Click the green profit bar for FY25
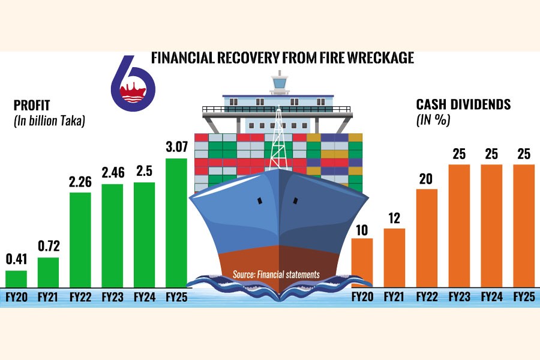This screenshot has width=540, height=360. (x=176, y=223)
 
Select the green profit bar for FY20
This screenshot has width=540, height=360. (x=16, y=279)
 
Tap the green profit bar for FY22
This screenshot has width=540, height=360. (x=80, y=240)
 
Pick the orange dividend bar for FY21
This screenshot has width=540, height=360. (x=394, y=258)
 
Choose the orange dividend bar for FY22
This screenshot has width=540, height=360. (x=426, y=238)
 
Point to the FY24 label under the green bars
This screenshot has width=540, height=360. (x=144, y=297)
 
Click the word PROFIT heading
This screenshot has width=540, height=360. (x=32, y=106)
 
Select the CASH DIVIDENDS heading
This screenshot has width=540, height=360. (x=463, y=104)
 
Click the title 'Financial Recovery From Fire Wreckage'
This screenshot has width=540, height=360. (x=283, y=58)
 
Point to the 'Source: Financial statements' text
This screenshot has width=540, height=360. (x=276, y=274)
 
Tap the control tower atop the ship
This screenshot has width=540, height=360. (x=279, y=83)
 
